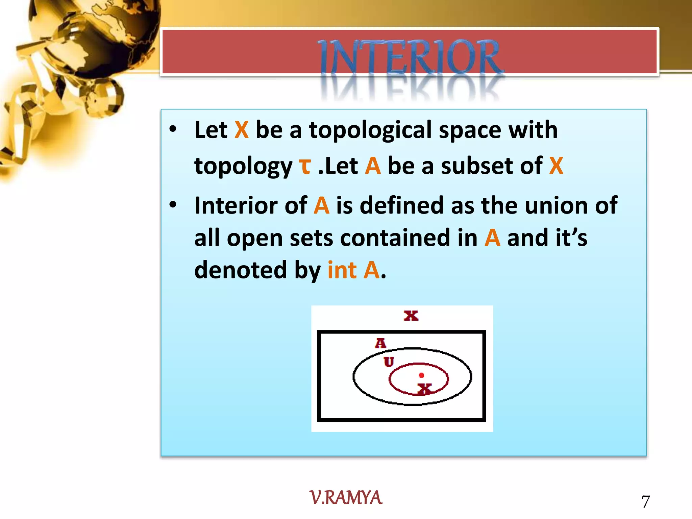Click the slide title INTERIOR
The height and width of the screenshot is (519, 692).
tap(410, 57)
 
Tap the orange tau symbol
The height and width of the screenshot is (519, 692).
tap(305, 166)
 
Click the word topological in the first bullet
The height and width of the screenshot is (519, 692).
tap(370, 130)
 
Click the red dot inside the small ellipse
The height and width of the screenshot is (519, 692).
tap(421, 375)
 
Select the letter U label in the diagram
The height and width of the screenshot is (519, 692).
tap(389, 362)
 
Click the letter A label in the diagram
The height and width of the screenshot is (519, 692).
tap(380, 343)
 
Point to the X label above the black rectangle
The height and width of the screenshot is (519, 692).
tap(411, 316)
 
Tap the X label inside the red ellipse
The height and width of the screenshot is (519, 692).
tap(424, 389)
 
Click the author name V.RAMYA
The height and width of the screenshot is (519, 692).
tap(346, 498)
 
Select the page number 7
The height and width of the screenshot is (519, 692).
tap(645, 501)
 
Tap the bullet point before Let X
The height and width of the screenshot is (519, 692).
tap(173, 129)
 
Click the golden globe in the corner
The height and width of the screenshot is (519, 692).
tap(98, 34)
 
